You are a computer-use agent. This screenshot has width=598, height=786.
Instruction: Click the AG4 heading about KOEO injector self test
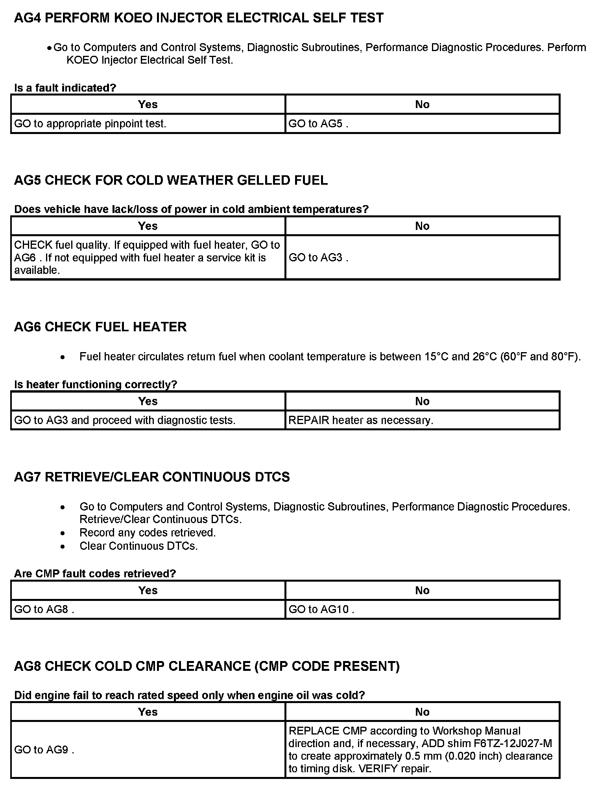coord(198,18)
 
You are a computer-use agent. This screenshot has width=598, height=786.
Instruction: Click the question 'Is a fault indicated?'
coord(65,88)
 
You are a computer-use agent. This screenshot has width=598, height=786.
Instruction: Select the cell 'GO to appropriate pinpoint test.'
coord(90,124)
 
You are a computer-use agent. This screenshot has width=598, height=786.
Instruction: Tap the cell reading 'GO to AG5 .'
coord(318,124)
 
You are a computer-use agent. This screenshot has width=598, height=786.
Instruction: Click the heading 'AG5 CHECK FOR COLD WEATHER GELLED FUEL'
coord(171,180)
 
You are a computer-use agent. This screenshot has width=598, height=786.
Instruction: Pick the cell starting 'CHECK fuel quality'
coord(147,257)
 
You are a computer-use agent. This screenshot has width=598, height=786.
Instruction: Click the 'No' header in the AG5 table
coord(422,226)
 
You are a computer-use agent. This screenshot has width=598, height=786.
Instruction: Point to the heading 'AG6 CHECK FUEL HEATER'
coord(100,327)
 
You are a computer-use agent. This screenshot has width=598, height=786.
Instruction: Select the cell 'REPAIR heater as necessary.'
coord(361,421)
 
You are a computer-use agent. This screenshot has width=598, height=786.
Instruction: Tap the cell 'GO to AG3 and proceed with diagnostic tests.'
coord(125,421)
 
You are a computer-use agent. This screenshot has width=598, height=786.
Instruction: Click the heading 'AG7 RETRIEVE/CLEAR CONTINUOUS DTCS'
coord(152,477)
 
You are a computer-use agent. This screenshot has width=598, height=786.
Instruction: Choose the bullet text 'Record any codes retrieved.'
coord(148,533)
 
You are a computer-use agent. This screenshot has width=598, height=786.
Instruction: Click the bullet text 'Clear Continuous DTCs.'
coord(138,546)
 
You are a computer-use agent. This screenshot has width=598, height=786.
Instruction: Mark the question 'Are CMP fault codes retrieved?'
coord(95,574)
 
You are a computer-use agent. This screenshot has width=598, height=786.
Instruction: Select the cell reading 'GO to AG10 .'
coord(321,610)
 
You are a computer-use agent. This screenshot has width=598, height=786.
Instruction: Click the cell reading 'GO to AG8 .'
coord(44,610)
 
